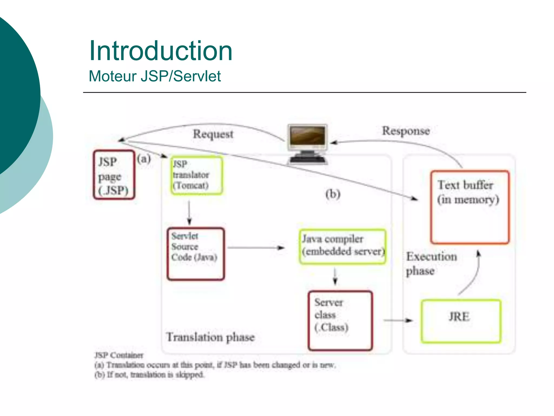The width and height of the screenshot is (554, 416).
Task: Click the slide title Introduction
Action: click(x=161, y=51)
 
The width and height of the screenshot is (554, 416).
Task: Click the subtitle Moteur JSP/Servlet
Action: click(x=155, y=76)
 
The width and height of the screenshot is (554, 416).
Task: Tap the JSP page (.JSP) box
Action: click(x=114, y=175)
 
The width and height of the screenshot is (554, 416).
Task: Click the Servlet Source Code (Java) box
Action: click(x=196, y=253)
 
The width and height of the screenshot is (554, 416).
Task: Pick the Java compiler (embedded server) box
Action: click(x=342, y=246)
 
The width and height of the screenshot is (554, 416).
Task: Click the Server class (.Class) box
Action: click(x=340, y=320)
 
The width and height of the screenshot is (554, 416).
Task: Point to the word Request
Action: click(x=213, y=134)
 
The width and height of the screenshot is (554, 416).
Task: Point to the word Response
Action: click(x=406, y=131)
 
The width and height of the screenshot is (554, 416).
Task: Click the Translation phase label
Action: click(x=210, y=337)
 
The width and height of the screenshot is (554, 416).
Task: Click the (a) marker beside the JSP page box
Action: click(x=144, y=159)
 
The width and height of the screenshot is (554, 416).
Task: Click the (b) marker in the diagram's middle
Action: click(x=333, y=194)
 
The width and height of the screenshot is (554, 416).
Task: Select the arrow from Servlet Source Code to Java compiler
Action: click(x=256, y=248)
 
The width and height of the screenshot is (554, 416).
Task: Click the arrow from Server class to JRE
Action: click(x=398, y=320)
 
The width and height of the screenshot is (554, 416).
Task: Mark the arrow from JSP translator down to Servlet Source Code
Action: click(x=189, y=213)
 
